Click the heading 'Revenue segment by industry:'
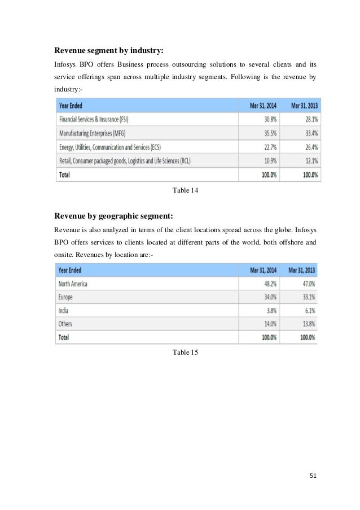click(x=109, y=51)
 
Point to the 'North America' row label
click(x=73, y=284)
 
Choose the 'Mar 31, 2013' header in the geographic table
click(x=303, y=270)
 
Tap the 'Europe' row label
click(x=66, y=297)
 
